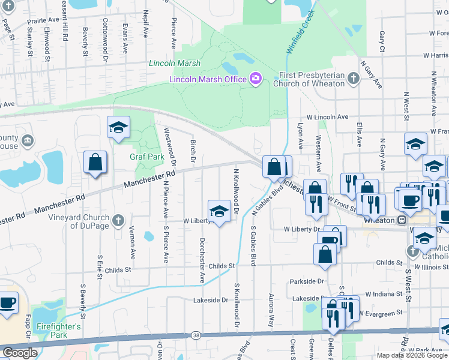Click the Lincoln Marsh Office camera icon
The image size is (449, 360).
pyautogui.click(x=256, y=79)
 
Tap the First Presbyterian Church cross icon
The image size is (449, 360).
pyautogui.click(x=354, y=79)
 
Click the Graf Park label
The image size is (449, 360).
pyautogui.click(x=147, y=157)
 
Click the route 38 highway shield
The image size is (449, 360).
pyautogui.click(x=196, y=334)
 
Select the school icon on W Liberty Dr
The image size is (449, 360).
pyautogui.click(x=219, y=211)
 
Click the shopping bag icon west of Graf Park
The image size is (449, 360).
pyautogui.click(x=95, y=162)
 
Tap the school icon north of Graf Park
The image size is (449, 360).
pyautogui.click(x=118, y=127)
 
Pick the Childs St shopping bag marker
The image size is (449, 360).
pyautogui.click(x=325, y=253)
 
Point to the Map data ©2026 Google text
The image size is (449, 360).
pyautogui.click(x=412, y=355)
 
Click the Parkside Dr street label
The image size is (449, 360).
pyautogui.click(x=307, y=281)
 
